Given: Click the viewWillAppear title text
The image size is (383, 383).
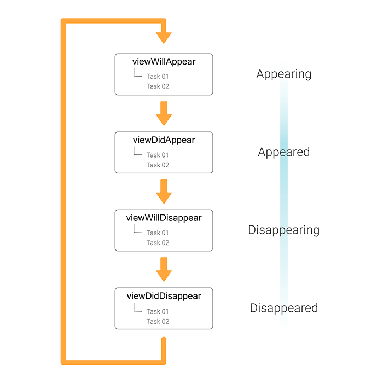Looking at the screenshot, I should [x=164, y=62].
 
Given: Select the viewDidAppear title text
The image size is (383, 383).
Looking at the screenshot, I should [x=164, y=140].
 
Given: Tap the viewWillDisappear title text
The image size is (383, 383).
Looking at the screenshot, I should [x=164, y=218].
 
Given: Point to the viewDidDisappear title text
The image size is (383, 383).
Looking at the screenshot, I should [x=164, y=296].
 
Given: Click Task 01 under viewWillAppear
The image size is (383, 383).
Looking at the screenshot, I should [x=158, y=77].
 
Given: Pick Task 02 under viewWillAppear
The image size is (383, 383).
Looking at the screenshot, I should [x=158, y=86].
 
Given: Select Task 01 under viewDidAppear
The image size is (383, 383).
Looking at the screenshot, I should [x=158, y=155].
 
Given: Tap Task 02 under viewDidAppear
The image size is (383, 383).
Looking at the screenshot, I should [x=158, y=165].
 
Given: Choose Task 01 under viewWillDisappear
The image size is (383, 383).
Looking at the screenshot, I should [x=158, y=233].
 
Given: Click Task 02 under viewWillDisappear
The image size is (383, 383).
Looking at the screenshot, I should [x=158, y=243].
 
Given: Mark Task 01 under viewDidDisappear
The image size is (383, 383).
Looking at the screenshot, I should [x=158, y=311].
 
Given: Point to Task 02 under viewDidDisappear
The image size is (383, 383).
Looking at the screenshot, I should [x=158, y=321].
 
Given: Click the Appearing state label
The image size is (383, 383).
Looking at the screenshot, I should [x=283, y=74].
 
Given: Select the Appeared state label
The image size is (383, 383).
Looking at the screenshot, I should [x=283, y=152].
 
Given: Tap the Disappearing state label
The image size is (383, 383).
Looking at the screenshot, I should [x=283, y=230].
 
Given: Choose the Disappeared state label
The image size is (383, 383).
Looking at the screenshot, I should [x=283, y=308].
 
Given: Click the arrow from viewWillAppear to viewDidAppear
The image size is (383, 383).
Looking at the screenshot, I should [x=164, y=113].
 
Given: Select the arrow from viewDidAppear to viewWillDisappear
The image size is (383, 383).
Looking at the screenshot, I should [x=164, y=191].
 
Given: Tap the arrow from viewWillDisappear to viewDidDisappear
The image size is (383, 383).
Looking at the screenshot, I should [x=164, y=269].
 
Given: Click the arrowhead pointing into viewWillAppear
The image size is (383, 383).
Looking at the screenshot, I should [x=164, y=38].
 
